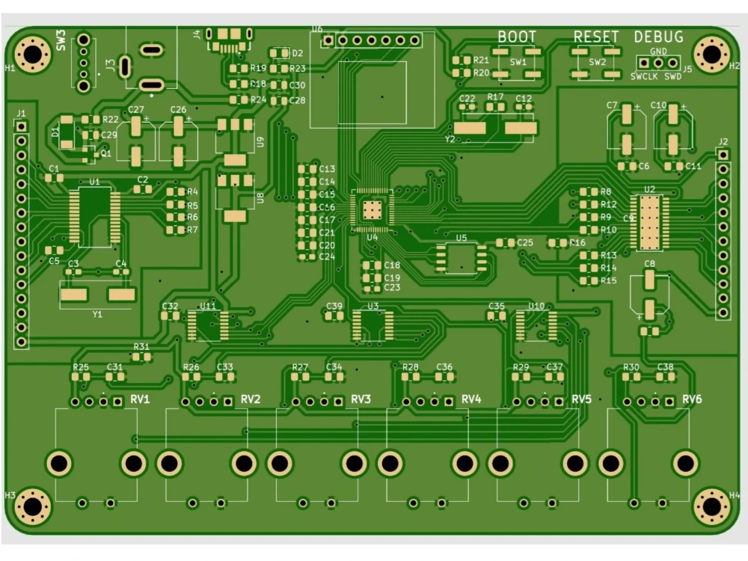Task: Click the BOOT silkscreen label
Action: click(x=517, y=37)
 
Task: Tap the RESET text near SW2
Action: click(x=596, y=37)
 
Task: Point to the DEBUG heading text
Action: click(x=658, y=37)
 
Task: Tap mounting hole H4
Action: click(x=711, y=507)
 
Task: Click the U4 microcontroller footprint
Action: click(x=372, y=209)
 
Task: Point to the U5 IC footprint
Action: click(x=462, y=257)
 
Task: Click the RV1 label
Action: click(x=140, y=399)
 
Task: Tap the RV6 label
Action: click(x=692, y=399)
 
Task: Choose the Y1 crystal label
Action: click(x=97, y=314)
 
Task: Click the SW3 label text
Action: click(x=61, y=40)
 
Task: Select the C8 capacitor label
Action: click(x=649, y=264)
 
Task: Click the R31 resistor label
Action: click(x=141, y=346)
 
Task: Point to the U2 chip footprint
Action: click(x=649, y=221)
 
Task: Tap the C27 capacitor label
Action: click(x=135, y=110)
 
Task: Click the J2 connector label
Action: click(x=722, y=141)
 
